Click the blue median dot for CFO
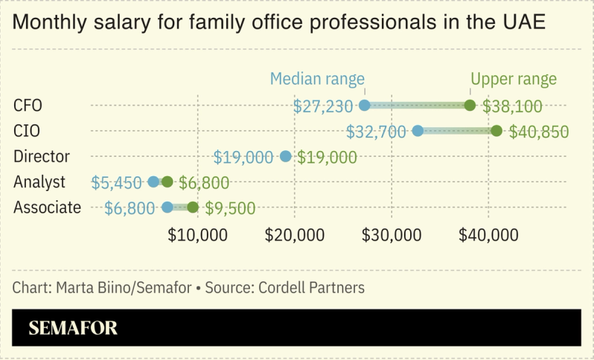coord(364,106)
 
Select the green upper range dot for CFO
coord(470,106)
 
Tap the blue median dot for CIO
coord(418,132)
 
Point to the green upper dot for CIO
coord(496,132)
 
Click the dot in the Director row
coord(285,157)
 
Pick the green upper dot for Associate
coord(193,208)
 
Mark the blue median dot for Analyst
coord(154,182)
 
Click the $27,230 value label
coord(323,106)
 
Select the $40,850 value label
coord(539,132)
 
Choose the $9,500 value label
coord(230,209)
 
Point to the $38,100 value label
coord(512,106)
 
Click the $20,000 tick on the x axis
coord(295,235)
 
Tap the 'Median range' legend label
coord(317,79)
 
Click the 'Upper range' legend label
coord(513,79)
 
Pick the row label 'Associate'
coord(47,208)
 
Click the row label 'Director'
coord(41,156)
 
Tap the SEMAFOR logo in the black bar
coord(73,327)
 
